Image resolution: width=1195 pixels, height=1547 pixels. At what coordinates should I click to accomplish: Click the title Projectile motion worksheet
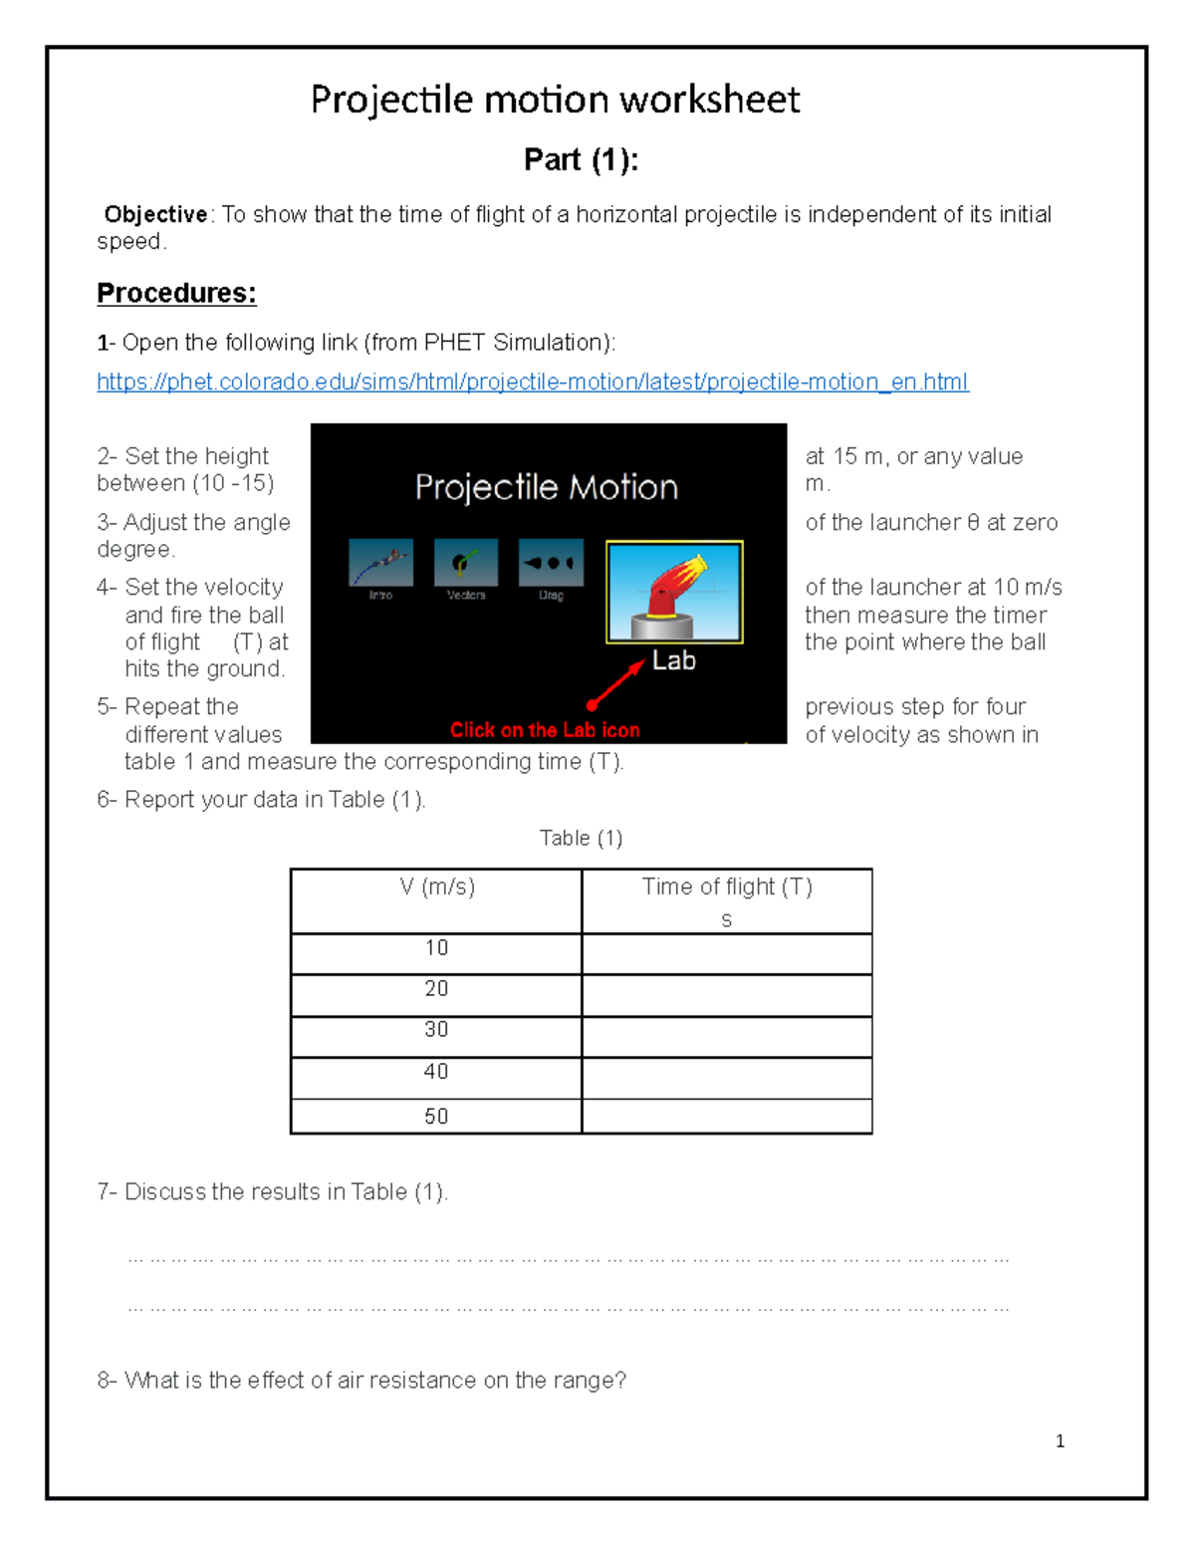point(555,100)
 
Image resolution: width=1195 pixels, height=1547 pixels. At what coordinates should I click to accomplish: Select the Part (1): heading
point(581,159)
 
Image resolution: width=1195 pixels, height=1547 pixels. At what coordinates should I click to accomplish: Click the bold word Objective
point(156,215)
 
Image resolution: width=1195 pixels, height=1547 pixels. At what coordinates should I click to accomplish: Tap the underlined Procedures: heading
point(176,293)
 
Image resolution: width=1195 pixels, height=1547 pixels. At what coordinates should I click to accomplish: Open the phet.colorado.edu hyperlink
point(532,383)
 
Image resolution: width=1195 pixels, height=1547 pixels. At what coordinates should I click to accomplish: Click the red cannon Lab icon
point(674,593)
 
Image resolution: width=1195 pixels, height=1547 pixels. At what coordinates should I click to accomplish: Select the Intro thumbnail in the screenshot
point(380,564)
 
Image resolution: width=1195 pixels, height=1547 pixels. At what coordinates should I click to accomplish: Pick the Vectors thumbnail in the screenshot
point(465,564)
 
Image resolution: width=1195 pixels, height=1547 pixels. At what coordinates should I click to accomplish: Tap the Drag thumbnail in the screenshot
point(551,564)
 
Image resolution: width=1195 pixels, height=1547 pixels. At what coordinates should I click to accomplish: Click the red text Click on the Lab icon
point(545,730)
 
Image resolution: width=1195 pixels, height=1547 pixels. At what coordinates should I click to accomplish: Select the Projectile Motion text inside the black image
point(546,487)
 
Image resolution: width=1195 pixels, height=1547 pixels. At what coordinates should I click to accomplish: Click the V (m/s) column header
point(436,888)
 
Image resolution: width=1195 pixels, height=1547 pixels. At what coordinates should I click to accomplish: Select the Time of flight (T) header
point(727,888)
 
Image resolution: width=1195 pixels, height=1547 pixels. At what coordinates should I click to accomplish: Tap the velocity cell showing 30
point(436,1030)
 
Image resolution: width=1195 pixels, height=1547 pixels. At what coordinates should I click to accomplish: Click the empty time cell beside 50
point(727,1117)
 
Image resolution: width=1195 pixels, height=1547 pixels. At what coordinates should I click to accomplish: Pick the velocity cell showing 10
point(436,948)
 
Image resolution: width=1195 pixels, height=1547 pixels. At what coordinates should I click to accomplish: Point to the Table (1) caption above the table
point(581,839)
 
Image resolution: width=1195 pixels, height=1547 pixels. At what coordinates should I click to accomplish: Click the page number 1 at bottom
point(1060,1441)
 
